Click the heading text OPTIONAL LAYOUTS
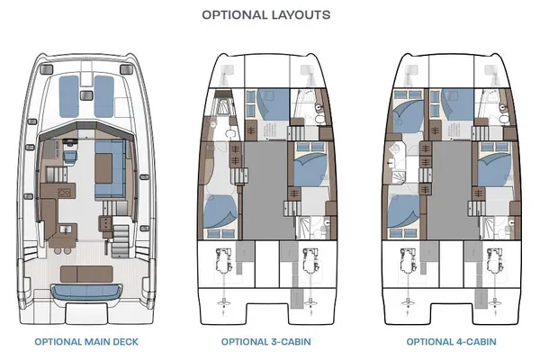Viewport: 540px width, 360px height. point(265,14)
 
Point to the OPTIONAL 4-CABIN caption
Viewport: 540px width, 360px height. point(447,342)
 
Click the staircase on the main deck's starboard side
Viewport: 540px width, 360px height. point(120,240)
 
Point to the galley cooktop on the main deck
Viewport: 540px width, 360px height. point(66,193)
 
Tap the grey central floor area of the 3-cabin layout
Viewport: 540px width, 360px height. point(266,189)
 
